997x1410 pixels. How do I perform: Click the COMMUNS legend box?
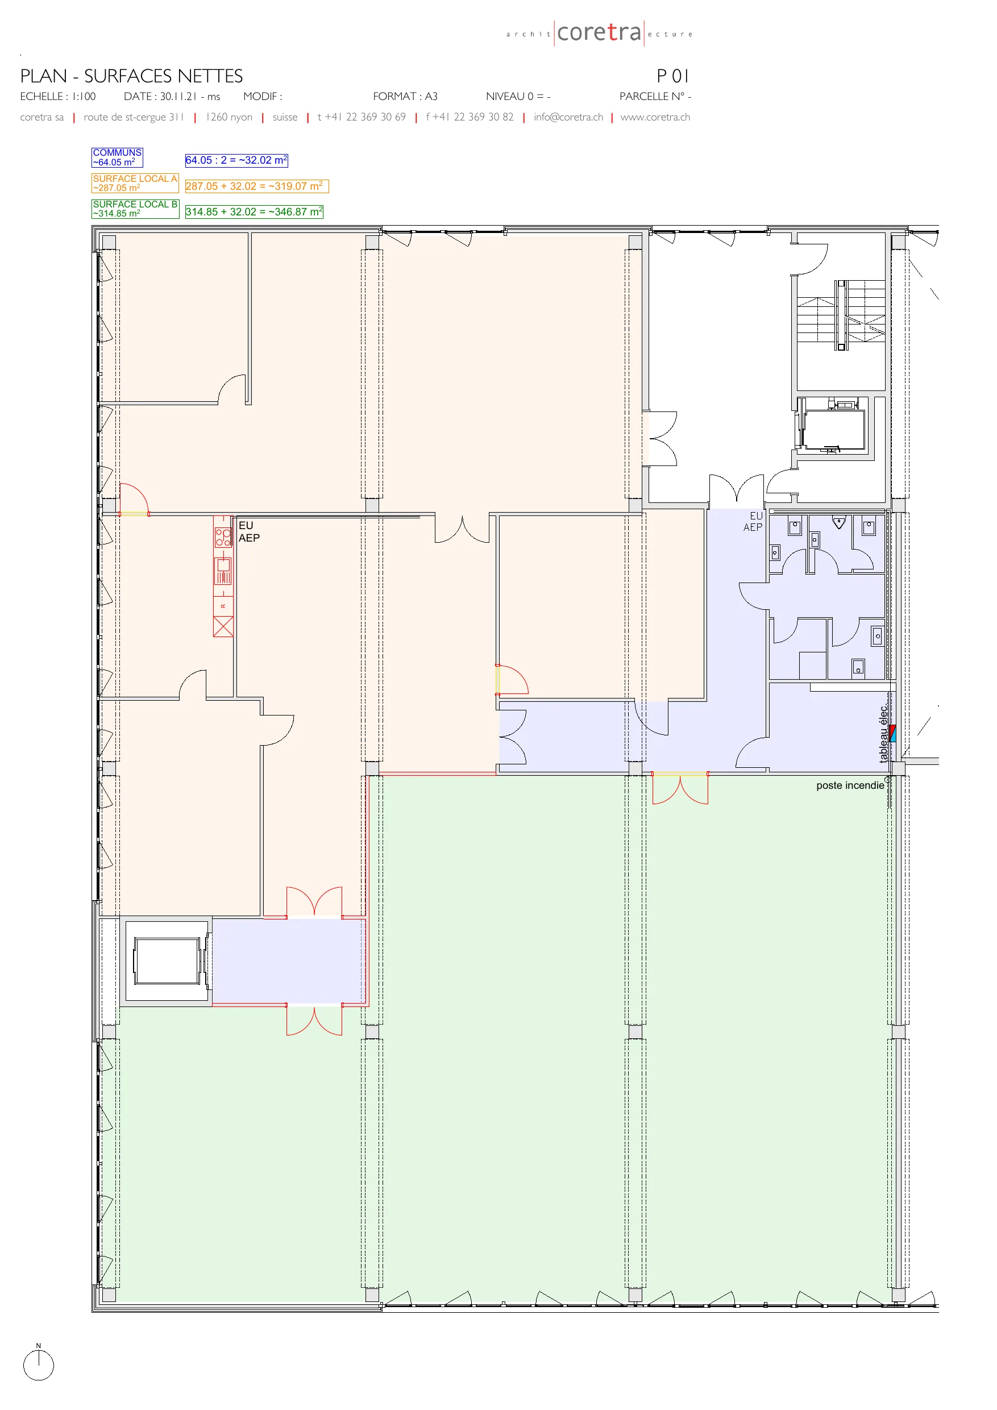point(117,157)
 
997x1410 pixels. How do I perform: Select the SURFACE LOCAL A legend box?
point(135,183)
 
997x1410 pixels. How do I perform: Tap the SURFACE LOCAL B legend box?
point(135,209)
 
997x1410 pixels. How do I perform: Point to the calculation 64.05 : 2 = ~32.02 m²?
point(236,160)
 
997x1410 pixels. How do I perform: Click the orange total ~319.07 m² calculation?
point(257,186)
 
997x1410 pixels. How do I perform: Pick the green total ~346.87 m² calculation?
point(254,212)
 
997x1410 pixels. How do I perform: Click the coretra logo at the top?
point(600,32)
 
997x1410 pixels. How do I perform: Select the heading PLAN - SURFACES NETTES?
point(131,76)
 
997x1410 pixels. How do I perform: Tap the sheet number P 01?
point(672,76)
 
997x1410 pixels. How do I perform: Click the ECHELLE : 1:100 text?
point(58,97)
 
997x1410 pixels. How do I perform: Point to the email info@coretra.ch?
point(568,117)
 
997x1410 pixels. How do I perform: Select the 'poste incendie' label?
point(850,785)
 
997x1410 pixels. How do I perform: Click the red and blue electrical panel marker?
point(892,733)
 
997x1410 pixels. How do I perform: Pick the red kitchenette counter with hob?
point(223,576)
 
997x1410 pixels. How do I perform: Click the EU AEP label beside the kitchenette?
point(249,532)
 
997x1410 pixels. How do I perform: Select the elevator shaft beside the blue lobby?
point(166,961)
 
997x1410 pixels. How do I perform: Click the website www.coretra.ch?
point(655,117)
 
